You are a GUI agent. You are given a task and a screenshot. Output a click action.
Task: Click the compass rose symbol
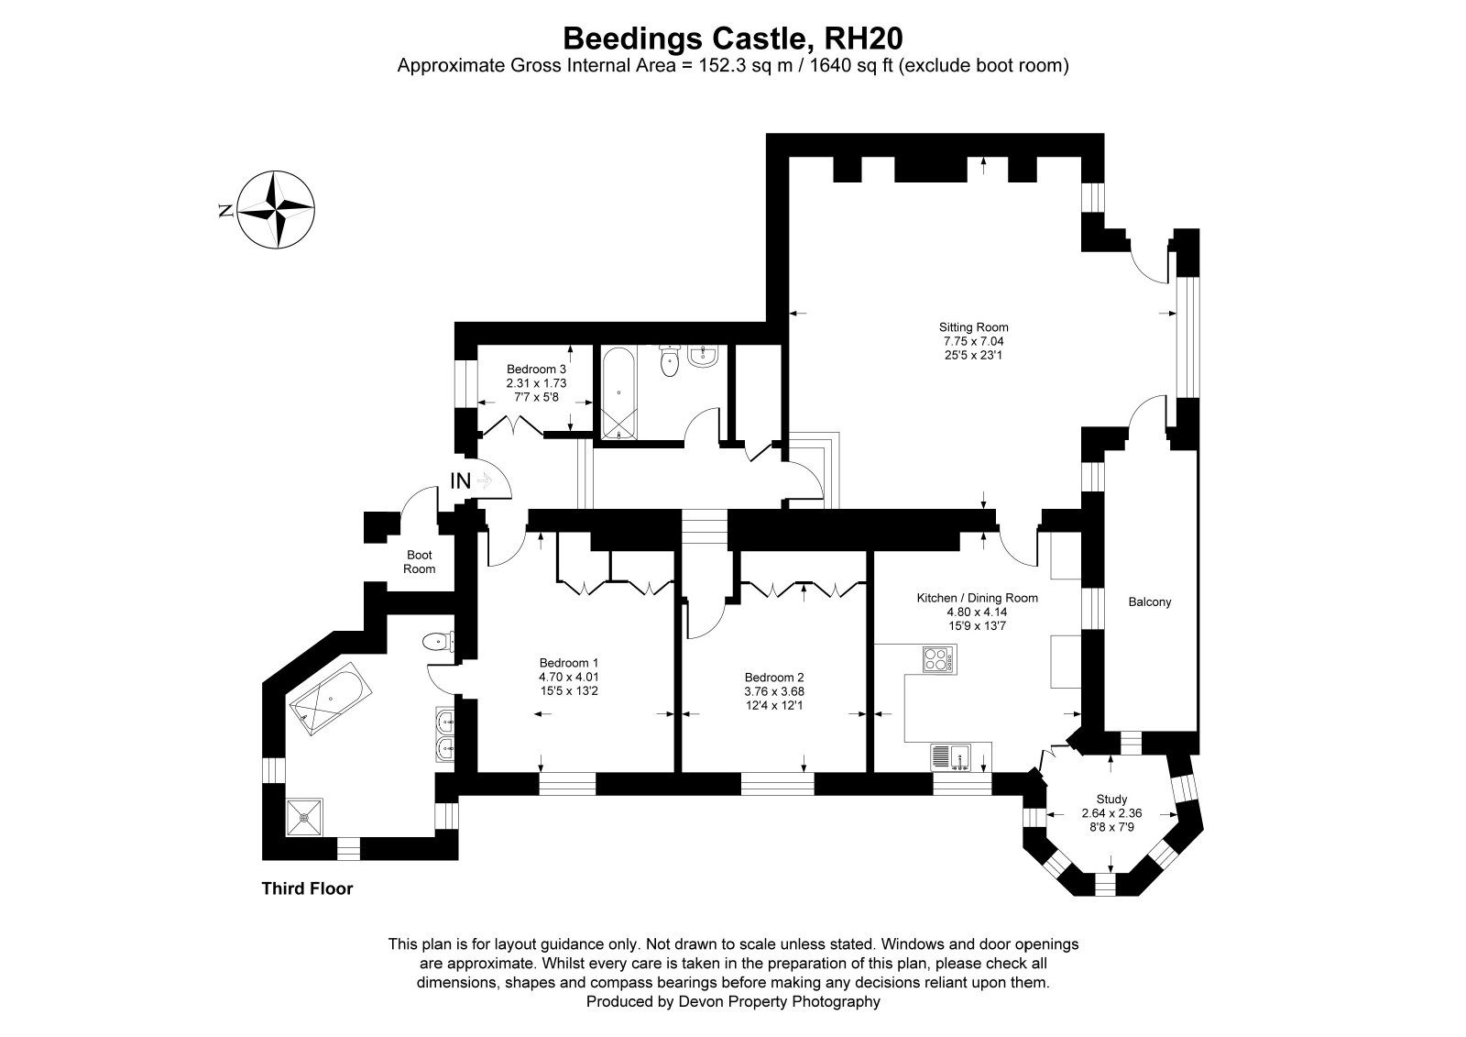pos(276,210)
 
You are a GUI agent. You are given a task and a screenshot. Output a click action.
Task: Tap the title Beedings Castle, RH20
pos(733,38)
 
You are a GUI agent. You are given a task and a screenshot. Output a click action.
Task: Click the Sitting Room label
pos(973,327)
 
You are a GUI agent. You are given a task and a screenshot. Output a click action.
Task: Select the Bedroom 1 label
pos(569,662)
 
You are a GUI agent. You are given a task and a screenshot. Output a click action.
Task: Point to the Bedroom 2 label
pos(774,677)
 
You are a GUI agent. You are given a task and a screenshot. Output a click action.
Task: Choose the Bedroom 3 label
pos(536,369)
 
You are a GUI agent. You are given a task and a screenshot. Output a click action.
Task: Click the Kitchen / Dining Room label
pos(977,598)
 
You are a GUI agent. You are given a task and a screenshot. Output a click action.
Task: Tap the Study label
pos(1112,799)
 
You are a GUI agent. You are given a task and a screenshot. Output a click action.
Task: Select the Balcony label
pos(1150,601)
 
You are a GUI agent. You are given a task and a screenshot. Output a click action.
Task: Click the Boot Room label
pos(419,562)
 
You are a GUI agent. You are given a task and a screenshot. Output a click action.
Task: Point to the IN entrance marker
pos(461,480)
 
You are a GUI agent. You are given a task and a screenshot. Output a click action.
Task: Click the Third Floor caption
pos(307,888)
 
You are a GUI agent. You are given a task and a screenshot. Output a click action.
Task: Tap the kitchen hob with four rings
pos(939,659)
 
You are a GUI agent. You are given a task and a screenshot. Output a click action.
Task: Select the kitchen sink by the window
pos(950,758)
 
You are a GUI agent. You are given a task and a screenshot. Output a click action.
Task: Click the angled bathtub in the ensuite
pos(331,699)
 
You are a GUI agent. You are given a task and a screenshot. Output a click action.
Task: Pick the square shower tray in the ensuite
pos(304,817)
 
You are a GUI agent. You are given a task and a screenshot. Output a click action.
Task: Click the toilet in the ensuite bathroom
pos(438,641)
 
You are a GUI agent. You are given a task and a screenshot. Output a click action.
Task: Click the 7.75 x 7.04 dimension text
pos(973,341)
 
